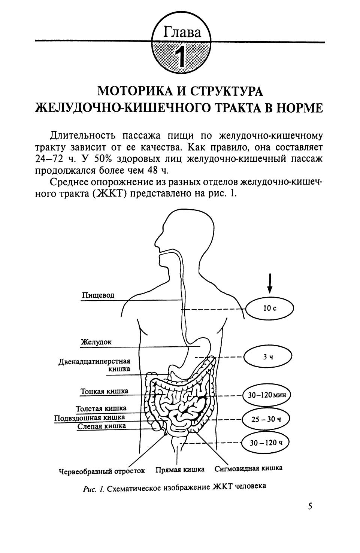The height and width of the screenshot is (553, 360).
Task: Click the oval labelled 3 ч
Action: (x=267, y=357)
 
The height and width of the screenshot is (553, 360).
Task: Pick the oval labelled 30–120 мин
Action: (x=267, y=395)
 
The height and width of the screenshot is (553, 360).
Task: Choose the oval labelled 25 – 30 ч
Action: (x=266, y=419)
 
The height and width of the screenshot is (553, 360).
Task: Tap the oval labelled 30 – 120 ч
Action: (x=266, y=443)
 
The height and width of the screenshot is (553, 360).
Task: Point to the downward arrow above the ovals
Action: (x=270, y=283)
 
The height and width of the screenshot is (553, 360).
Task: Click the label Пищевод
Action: (x=98, y=295)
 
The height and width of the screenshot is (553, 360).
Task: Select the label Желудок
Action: (x=96, y=342)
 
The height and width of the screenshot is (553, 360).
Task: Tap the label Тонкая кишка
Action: (x=104, y=391)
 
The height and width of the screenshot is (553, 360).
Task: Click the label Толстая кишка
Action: (x=101, y=408)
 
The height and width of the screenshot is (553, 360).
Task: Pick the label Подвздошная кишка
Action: (x=90, y=417)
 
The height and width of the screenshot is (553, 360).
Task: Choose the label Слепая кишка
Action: (x=102, y=426)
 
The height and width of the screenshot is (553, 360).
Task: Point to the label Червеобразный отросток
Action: (x=102, y=471)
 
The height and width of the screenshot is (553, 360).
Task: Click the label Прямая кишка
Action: (x=180, y=470)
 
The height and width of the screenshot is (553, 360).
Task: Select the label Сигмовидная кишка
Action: (x=248, y=468)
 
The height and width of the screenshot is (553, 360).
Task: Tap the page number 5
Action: (x=310, y=507)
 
